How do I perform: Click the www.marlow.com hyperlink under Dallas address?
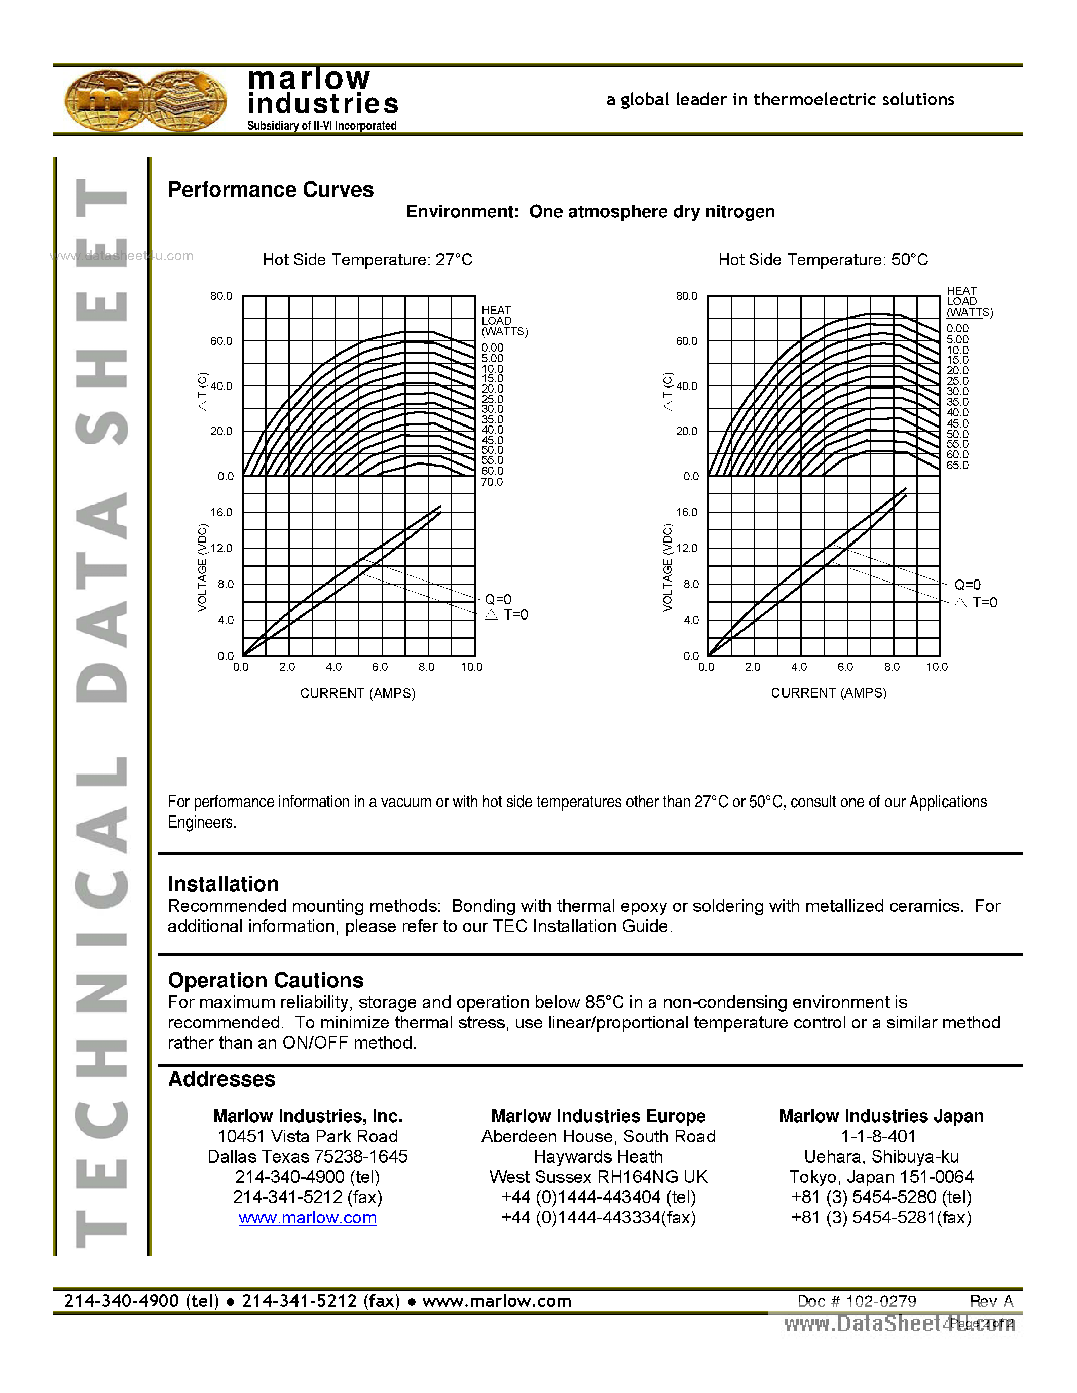click(x=308, y=1218)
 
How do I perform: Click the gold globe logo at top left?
click(x=145, y=101)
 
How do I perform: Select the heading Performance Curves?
click(x=271, y=189)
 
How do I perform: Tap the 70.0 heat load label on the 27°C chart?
click(x=492, y=482)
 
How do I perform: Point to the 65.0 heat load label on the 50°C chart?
click(x=957, y=465)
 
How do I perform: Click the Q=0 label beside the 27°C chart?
click(x=498, y=599)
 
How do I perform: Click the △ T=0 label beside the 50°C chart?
click(x=976, y=602)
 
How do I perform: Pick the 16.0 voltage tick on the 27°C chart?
click(x=221, y=512)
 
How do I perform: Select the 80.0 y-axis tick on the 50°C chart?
click(x=687, y=296)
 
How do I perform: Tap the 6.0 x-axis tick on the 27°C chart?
click(x=380, y=667)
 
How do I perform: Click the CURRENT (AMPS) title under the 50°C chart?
click(x=828, y=692)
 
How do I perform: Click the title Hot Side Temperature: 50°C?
click(x=823, y=259)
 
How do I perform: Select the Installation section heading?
click(x=224, y=884)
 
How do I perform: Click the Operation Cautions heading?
click(x=266, y=980)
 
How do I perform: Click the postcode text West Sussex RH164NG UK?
click(x=598, y=1177)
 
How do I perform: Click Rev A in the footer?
click(x=991, y=1301)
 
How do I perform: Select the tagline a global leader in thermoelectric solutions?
click(x=779, y=99)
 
